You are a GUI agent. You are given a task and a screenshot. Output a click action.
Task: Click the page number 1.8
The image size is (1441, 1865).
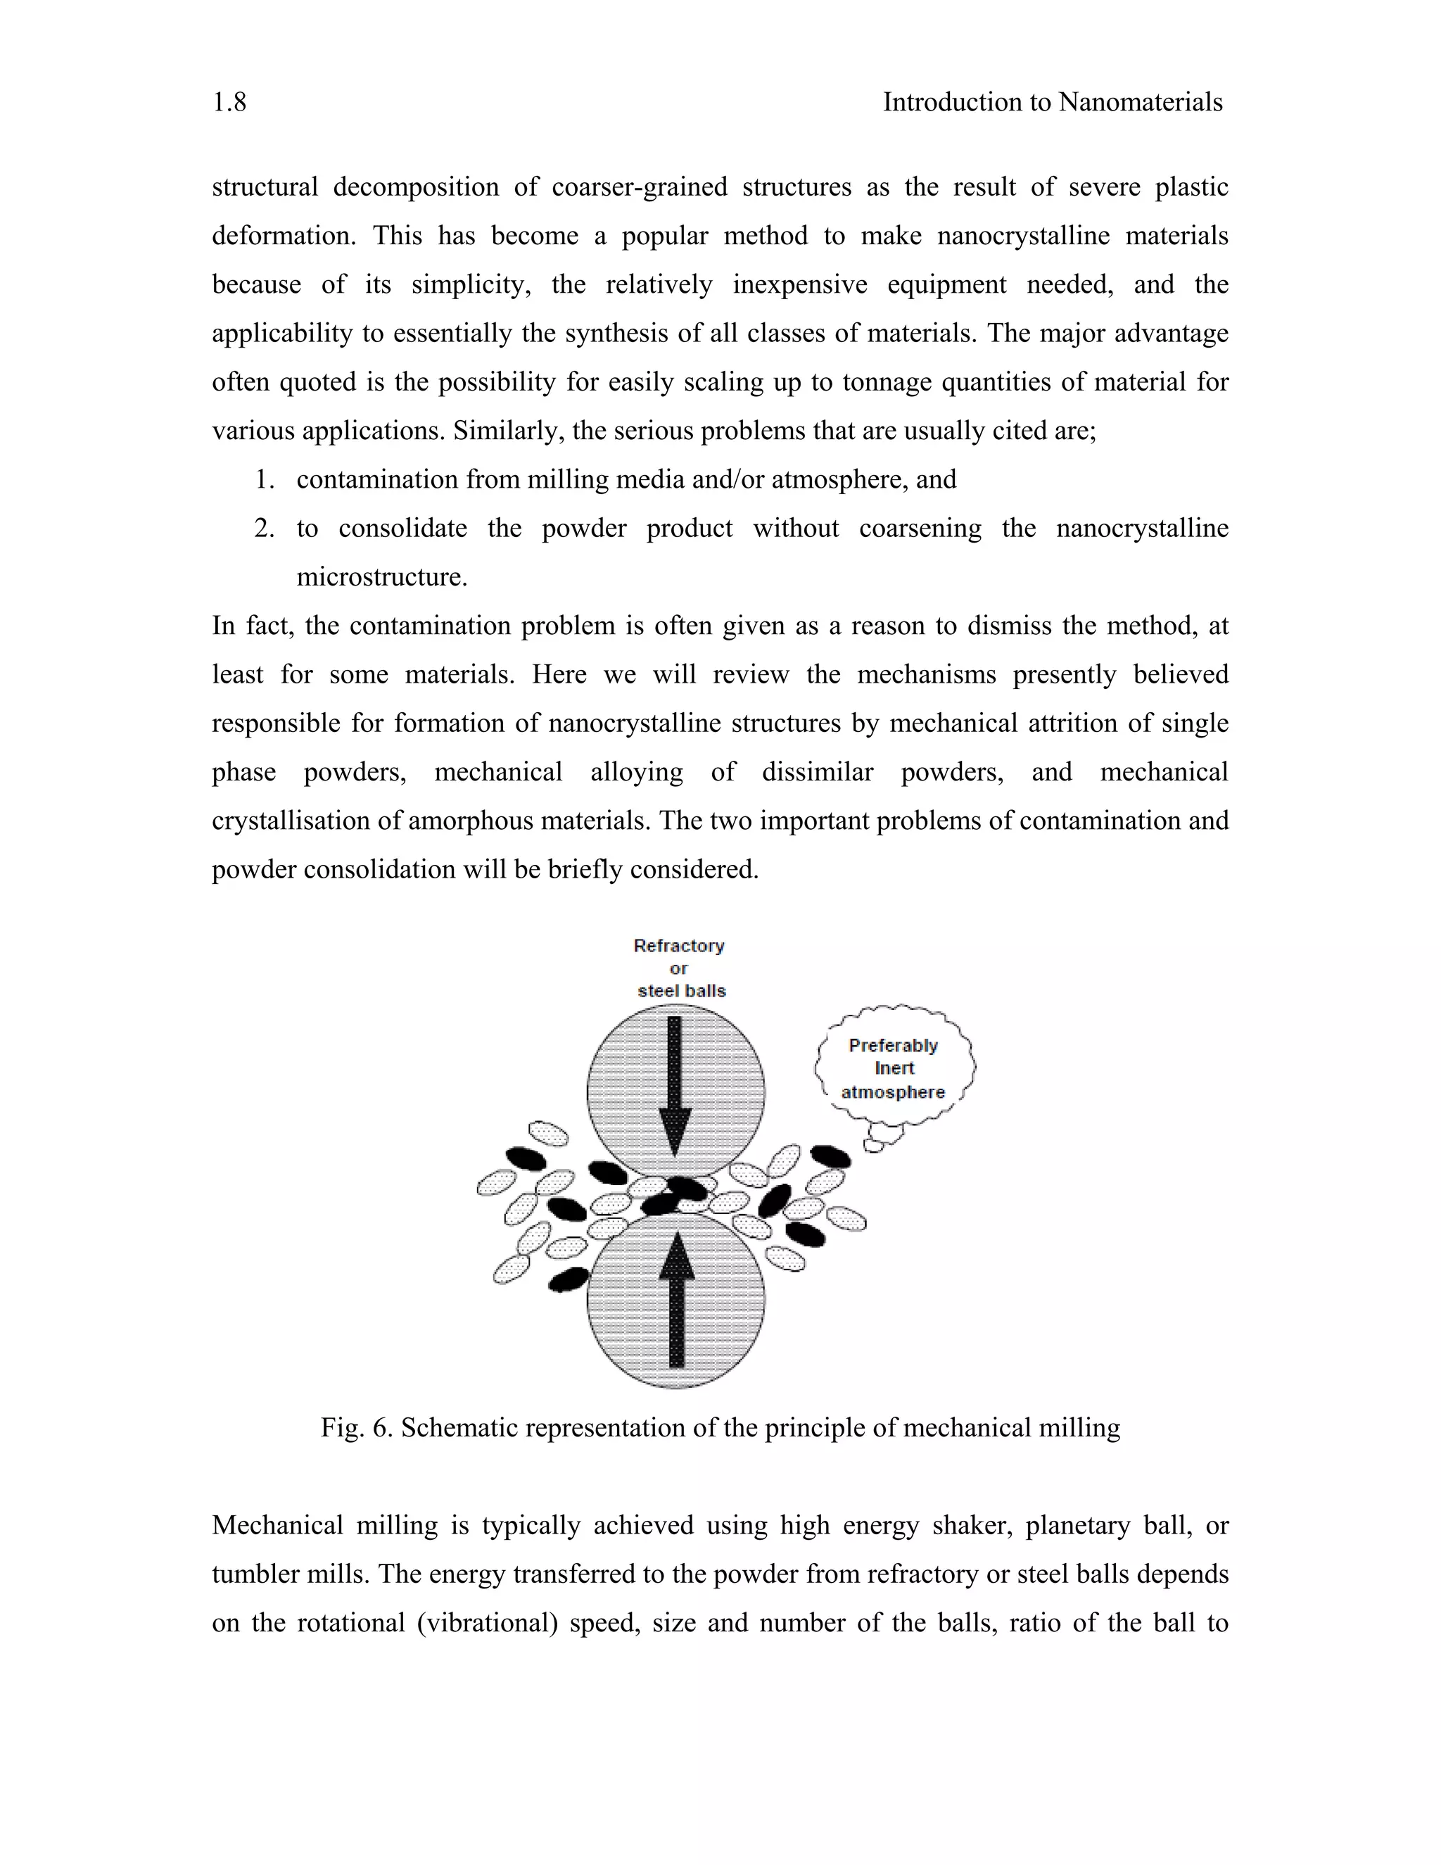point(229,103)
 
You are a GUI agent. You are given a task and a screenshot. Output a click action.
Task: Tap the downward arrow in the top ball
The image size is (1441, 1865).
point(674,1085)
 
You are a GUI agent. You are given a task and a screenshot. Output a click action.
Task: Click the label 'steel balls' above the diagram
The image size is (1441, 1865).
point(681,991)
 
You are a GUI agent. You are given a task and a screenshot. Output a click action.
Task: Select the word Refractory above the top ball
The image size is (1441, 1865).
point(679,945)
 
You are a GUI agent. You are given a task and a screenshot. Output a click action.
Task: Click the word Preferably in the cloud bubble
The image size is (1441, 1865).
point(893,1045)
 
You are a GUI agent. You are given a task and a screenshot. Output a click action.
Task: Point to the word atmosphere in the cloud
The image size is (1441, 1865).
point(893,1092)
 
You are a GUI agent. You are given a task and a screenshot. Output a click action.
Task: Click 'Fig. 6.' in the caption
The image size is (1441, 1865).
point(356,1428)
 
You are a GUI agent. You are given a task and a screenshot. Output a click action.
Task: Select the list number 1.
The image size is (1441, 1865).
point(265,480)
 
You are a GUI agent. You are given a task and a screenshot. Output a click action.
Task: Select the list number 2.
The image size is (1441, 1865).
point(265,529)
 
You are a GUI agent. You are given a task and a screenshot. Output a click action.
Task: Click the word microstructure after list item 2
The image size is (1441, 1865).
point(381,577)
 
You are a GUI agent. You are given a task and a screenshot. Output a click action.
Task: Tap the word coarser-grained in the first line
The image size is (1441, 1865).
point(640,187)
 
